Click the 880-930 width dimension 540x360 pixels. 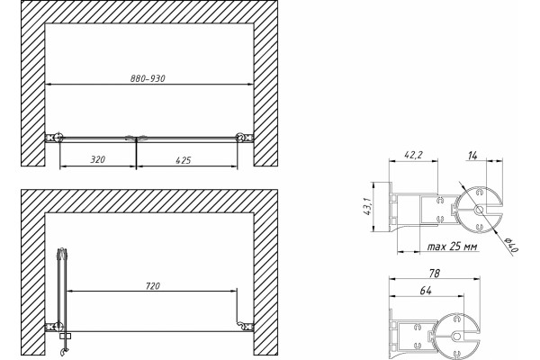(x=148, y=78)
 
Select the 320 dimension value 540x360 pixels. (x=98, y=159)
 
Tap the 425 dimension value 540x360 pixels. (x=184, y=160)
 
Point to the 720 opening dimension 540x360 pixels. (x=153, y=286)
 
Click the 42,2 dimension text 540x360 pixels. (x=413, y=155)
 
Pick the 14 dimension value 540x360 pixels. (x=472, y=156)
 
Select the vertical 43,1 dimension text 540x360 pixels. (x=367, y=207)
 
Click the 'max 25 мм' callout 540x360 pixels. (x=452, y=247)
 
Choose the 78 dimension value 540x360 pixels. (x=435, y=274)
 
